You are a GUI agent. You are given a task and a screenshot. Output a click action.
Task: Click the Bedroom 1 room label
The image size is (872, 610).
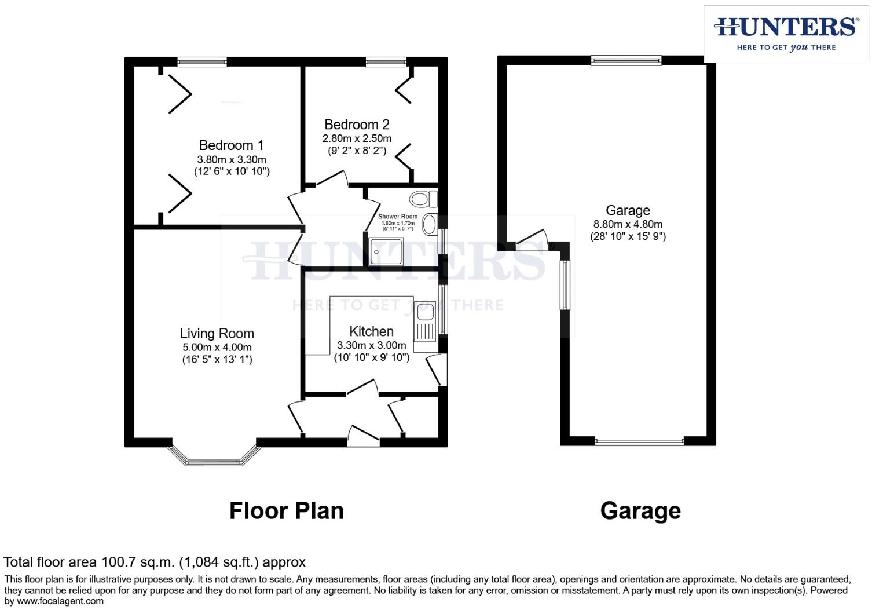click(232, 145)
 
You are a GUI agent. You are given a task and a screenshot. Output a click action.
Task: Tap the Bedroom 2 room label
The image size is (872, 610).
click(357, 125)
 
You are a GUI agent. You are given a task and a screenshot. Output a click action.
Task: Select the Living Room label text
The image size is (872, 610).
click(217, 334)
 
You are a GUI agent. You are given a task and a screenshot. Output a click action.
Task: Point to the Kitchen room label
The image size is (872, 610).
click(372, 331)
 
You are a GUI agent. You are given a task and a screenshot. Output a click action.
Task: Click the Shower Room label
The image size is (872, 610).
click(398, 217)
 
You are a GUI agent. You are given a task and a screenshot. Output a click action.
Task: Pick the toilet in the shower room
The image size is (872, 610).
click(423, 199)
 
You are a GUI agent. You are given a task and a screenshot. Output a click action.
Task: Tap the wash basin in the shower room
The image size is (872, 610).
click(430, 224)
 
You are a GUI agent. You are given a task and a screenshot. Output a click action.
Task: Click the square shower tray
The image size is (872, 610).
click(385, 251)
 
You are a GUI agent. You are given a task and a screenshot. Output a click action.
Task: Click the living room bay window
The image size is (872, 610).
click(213, 461)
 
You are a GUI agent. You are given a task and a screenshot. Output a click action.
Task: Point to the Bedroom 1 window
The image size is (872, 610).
click(202, 61)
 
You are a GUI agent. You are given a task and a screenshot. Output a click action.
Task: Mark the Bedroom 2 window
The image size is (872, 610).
click(386, 61)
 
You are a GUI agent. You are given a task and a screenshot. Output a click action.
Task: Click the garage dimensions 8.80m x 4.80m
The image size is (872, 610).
click(628, 224)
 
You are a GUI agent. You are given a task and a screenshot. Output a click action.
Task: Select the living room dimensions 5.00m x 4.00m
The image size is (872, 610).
click(217, 348)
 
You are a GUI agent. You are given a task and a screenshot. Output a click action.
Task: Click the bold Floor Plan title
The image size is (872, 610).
click(287, 511)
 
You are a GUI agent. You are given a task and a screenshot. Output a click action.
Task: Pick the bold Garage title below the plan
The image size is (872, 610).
click(640, 511)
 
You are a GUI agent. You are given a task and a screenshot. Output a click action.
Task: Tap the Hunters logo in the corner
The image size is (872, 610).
click(786, 34)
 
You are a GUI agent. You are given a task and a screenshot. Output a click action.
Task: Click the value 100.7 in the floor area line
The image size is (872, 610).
click(118, 562)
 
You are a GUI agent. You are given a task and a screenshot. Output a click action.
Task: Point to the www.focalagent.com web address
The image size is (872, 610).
click(60, 601)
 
